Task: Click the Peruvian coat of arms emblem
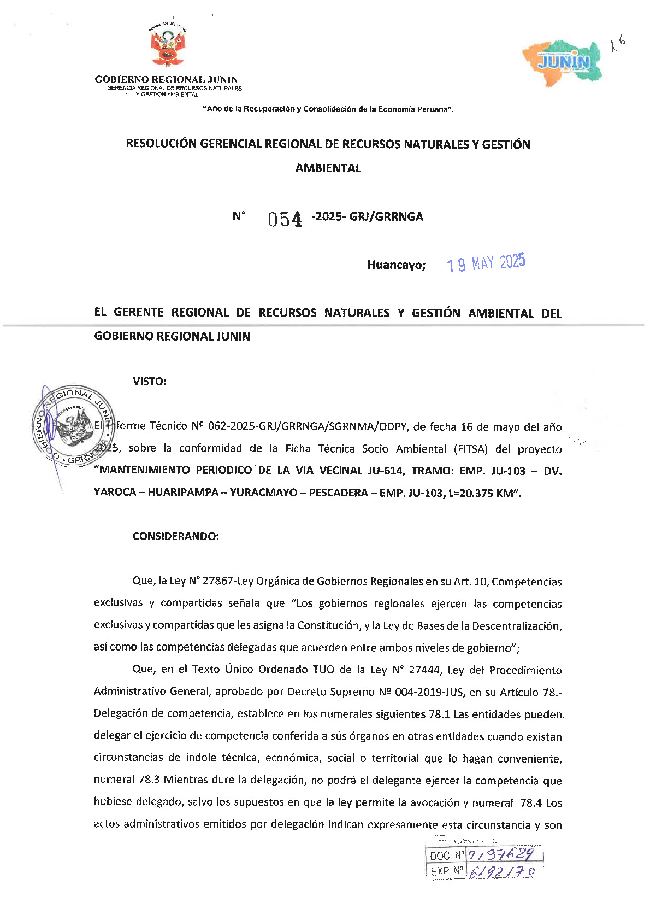tap(168, 47)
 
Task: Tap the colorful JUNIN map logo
tap(563, 62)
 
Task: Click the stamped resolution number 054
tap(285, 219)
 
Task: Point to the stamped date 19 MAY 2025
tap(486, 263)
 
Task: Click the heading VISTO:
tap(149, 382)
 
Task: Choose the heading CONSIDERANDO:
tap(175, 536)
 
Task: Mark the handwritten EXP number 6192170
tap(502, 871)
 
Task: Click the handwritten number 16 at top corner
tap(618, 43)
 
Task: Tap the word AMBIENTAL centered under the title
tap(328, 168)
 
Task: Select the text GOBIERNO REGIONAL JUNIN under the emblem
tap(166, 80)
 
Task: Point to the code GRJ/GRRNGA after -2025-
tap(386, 216)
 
